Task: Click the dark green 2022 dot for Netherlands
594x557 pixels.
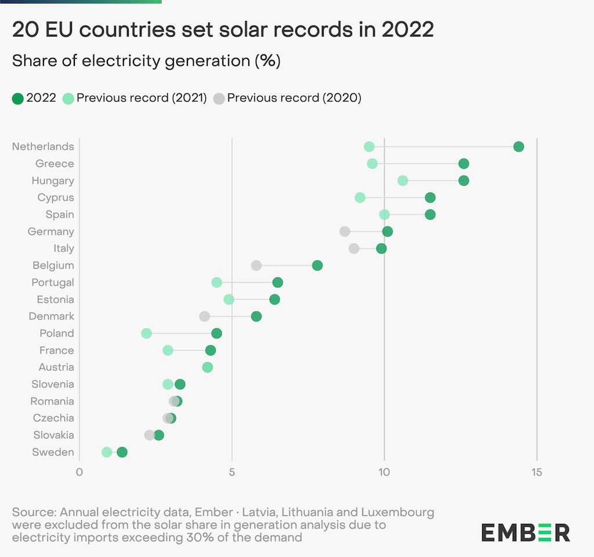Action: [x=519, y=147]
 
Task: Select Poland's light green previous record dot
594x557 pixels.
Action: [x=146, y=334]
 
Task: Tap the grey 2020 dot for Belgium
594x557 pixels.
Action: [x=256, y=266]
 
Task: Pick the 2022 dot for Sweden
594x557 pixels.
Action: [x=122, y=453]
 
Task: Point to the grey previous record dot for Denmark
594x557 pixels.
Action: [x=204, y=317]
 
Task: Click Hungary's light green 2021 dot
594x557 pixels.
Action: [x=403, y=181]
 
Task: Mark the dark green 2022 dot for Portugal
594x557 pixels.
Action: [x=278, y=283]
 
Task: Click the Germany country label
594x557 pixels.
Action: [x=51, y=232]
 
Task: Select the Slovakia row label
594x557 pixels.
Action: [x=53, y=435]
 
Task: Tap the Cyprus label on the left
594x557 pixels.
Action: [x=56, y=198]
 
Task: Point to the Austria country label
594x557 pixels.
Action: [x=56, y=367]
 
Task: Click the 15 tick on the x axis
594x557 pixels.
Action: [x=537, y=472]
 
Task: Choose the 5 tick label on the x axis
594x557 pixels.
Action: [x=232, y=472]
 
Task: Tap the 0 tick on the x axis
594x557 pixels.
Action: [x=79, y=472]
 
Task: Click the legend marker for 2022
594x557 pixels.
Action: [x=18, y=98]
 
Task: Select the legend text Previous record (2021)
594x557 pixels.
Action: [x=142, y=98]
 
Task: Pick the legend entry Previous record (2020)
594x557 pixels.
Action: [x=294, y=98]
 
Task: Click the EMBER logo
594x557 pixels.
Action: [x=526, y=532]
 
